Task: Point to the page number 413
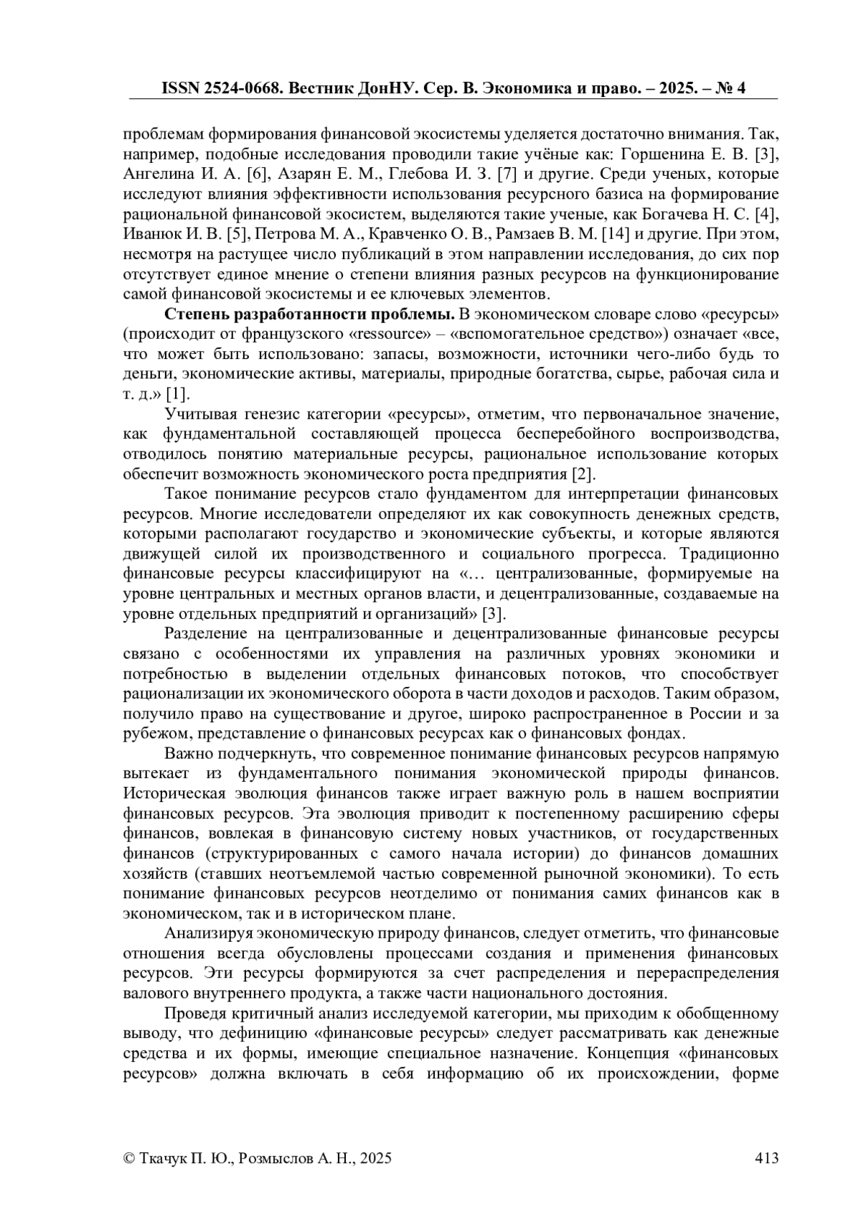[766, 1158]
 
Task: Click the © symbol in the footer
[129, 1158]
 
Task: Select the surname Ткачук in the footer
[166, 1158]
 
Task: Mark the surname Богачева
[687, 214]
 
